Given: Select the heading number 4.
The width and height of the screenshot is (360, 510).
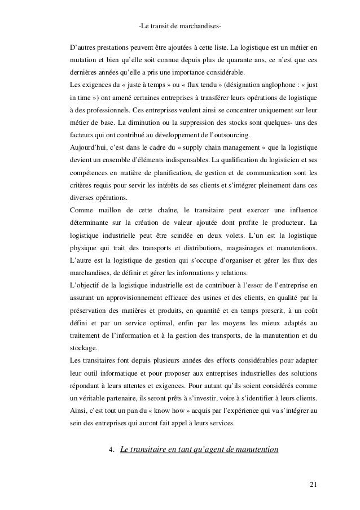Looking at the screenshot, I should tap(111, 450).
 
